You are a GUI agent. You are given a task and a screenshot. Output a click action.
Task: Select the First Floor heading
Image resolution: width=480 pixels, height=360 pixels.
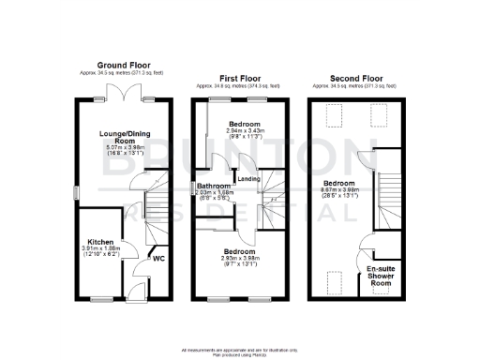(x=241, y=78)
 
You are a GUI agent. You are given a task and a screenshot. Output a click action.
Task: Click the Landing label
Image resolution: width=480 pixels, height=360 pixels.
(x=249, y=179)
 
